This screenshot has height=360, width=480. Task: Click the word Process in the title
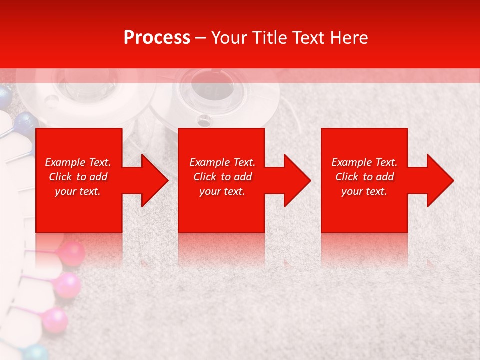[157, 38]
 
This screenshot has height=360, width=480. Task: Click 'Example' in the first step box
[64, 162]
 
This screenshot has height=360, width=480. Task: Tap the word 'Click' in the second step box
[205, 177]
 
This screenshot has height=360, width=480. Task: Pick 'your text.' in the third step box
[364, 191]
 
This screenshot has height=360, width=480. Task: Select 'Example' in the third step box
[351, 162]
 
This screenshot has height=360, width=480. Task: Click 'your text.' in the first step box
[78, 191]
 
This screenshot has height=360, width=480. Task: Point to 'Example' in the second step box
[209, 162]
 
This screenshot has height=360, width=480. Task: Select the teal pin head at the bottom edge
[35, 353]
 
